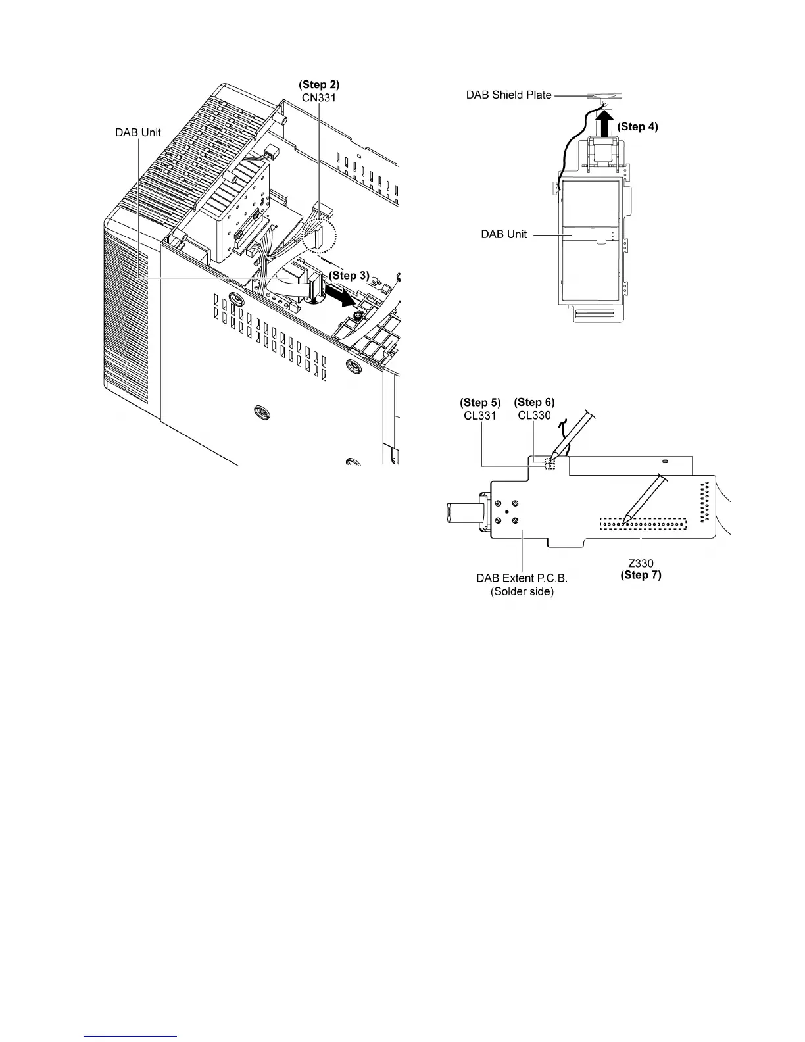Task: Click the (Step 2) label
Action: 319,85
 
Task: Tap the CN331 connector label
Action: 319,97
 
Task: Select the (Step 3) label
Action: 349,276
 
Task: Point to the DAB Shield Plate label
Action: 508,95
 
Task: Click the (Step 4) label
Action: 637,126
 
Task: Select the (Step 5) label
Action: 480,403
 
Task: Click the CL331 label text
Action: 480,415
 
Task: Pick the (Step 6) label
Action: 534,403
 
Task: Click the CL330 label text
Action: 534,415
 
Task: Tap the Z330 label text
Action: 641,563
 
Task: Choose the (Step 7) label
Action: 641,575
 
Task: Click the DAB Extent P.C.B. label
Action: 522,578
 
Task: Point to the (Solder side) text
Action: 522,591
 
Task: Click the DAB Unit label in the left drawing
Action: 138,133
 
